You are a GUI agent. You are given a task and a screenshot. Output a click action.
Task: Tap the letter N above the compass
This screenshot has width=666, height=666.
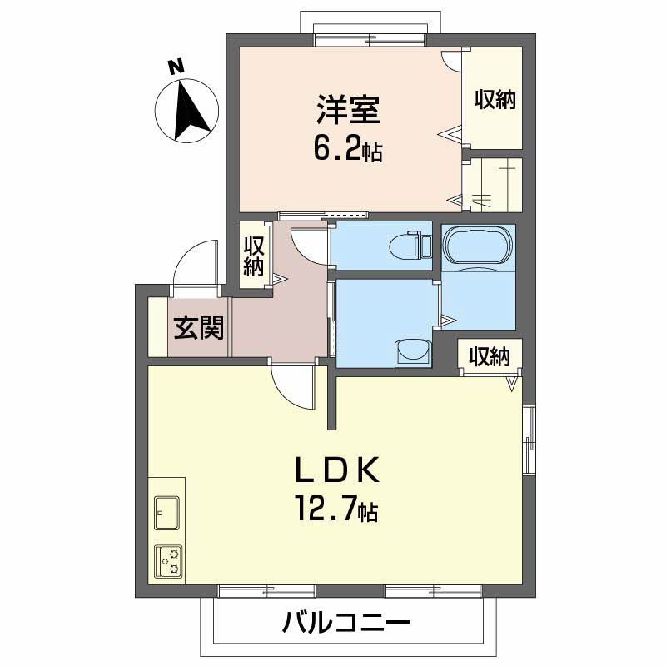pos(175,67)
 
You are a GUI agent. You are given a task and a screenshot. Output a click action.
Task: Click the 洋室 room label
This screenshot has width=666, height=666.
pos(347,113)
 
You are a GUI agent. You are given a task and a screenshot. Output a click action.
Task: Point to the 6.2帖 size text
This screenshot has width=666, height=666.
pos(347,150)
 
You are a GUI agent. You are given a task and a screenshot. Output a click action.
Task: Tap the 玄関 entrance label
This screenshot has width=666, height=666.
pos(199,329)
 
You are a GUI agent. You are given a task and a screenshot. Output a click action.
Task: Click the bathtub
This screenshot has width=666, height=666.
pos(479,247)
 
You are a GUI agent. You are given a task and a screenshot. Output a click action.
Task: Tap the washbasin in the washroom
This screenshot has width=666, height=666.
pos(413,351)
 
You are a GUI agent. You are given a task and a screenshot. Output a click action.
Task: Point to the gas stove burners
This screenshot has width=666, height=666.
pos(169,561)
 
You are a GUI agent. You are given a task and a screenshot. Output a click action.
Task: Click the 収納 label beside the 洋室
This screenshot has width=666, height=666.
pos(495,100)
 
